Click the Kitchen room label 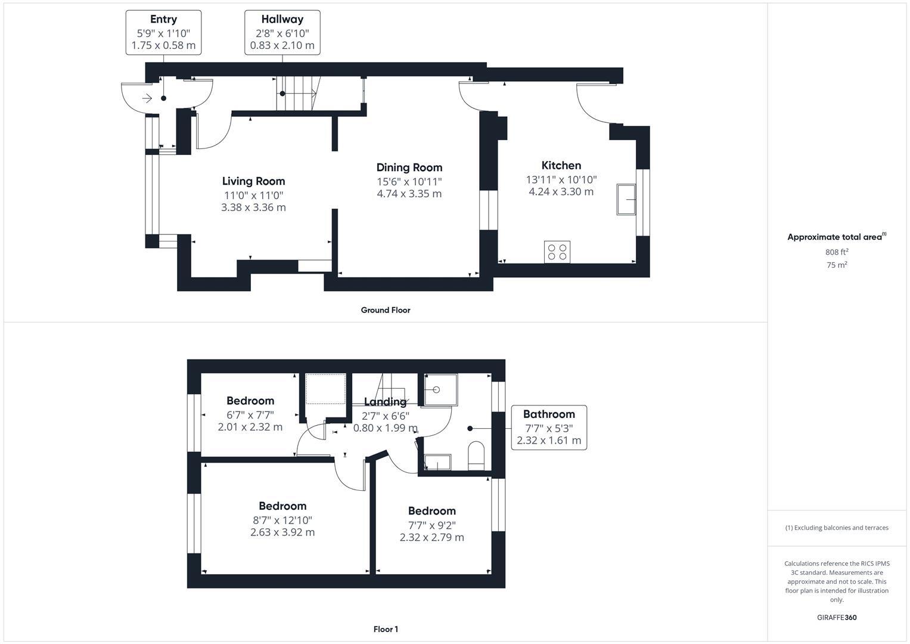pyautogui.click(x=561, y=166)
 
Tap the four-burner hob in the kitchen pyautogui.click(x=557, y=252)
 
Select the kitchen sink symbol pyautogui.click(x=626, y=199)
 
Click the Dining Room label pyautogui.click(x=409, y=168)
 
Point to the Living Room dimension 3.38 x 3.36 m pyautogui.click(x=253, y=208)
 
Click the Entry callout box pyautogui.click(x=163, y=32)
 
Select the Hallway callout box pyautogui.click(x=282, y=32)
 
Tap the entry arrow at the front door pyautogui.click(x=147, y=98)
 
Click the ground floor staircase pyautogui.click(x=297, y=94)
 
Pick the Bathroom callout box pyautogui.click(x=549, y=427)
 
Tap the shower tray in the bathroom pyautogui.click(x=440, y=390)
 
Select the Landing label pyautogui.click(x=385, y=402)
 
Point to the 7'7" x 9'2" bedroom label pyautogui.click(x=431, y=511)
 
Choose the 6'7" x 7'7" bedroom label pyautogui.click(x=250, y=401)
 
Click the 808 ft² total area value pyautogui.click(x=837, y=252)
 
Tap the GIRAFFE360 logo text pyautogui.click(x=837, y=617)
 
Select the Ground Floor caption pyautogui.click(x=386, y=310)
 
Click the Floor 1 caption pyautogui.click(x=386, y=629)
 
